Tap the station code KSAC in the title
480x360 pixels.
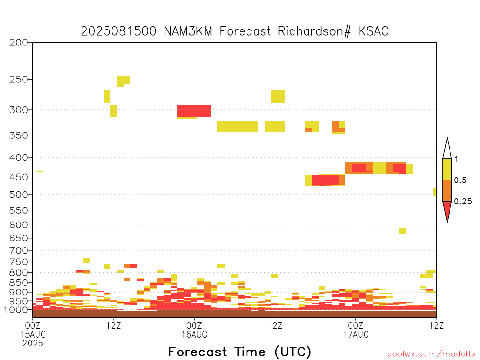point(374,31)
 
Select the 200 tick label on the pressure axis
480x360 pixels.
point(19,43)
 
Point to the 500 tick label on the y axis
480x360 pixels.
point(19,195)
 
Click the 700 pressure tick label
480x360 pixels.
point(19,250)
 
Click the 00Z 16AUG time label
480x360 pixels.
point(195,330)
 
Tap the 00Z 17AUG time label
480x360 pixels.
point(356,330)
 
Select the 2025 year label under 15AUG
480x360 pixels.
point(33,343)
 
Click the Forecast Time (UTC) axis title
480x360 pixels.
point(240,352)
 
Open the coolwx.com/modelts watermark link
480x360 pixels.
point(431,354)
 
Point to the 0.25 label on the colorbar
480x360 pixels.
point(463,202)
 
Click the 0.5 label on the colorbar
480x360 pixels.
point(460,180)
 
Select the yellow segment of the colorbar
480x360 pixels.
point(447,169)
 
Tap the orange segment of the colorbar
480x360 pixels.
point(447,190)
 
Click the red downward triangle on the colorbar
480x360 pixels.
point(447,209)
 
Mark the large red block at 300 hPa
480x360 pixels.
point(194,111)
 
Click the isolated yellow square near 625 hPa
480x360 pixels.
point(403,231)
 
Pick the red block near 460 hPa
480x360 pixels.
point(325,180)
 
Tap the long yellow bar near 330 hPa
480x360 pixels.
point(238,127)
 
